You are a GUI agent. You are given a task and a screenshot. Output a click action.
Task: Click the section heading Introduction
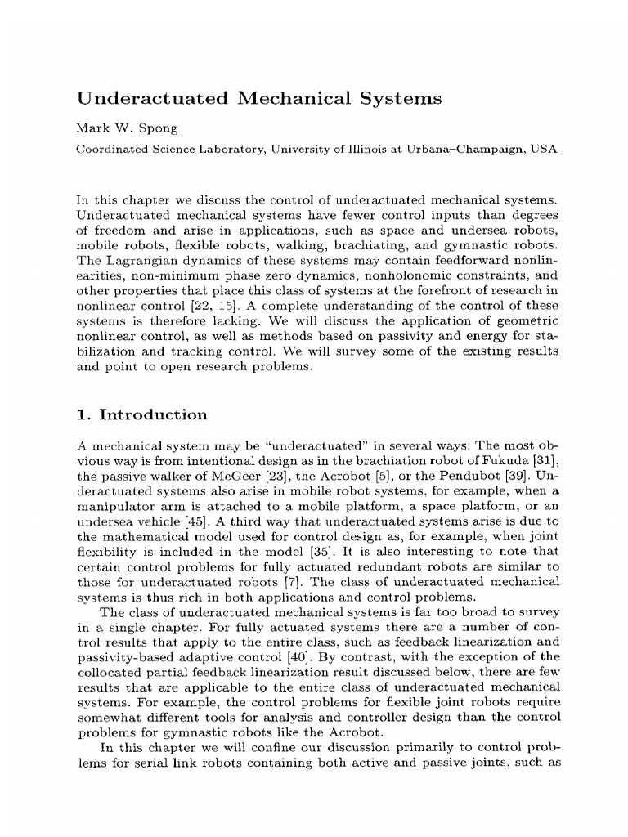[153, 414]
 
